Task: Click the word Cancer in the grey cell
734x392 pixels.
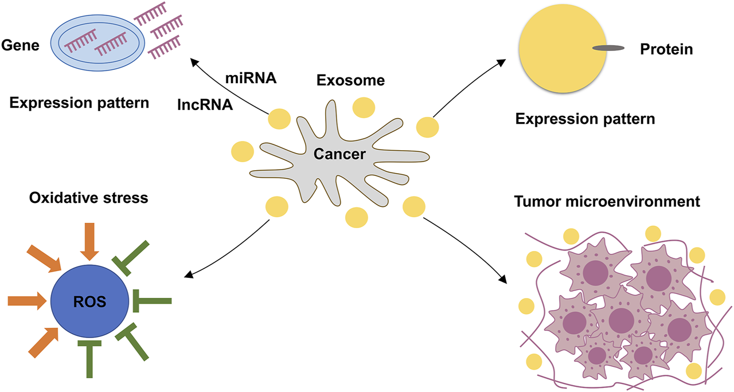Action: (x=339, y=154)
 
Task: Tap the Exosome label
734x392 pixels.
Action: (x=350, y=81)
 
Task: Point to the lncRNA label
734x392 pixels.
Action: (x=205, y=105)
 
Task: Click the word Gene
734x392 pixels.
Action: (x=20, y=45)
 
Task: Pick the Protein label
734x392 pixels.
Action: (x=666, y=50)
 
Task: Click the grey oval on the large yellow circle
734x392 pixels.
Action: (x=607, y=48)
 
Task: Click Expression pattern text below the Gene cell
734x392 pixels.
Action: (x=79, y=104)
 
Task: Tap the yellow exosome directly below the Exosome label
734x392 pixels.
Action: (x=365, y=108)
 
